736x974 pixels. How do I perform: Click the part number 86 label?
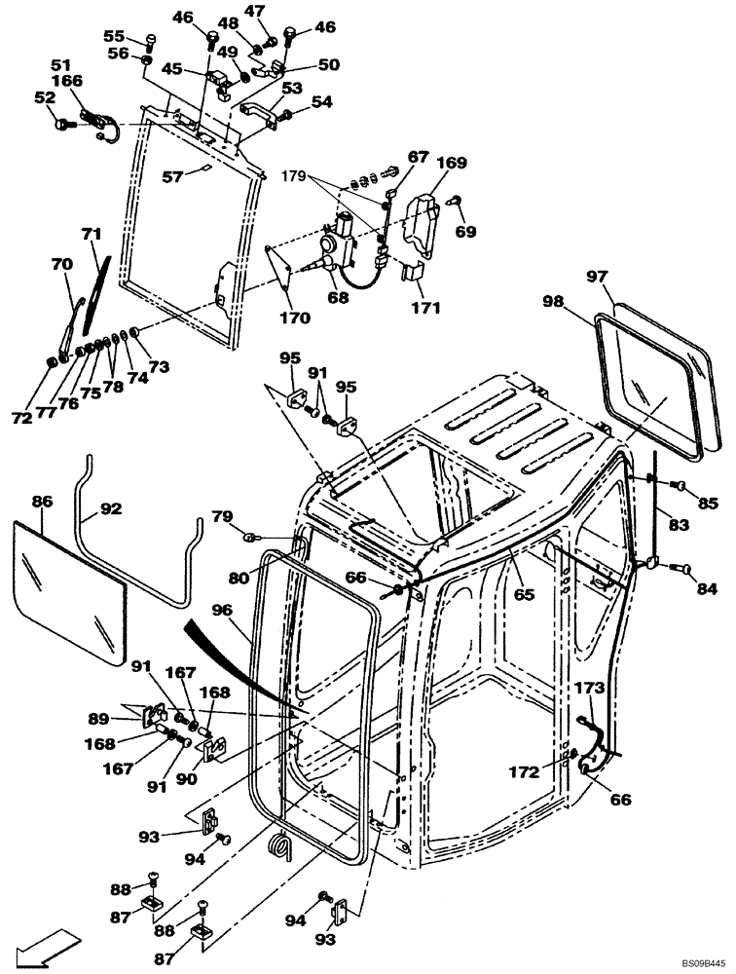[x=41, y=503]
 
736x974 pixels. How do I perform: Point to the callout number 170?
[x=295, y=318]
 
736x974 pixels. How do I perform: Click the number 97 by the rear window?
[x=597, y=278]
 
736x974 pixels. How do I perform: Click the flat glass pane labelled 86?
[x=73, y=594]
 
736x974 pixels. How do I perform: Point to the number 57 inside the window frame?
[x=174, y=176]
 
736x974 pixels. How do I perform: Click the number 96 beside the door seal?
[x=222, y=612]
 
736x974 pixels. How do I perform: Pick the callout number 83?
[x=678, y=524]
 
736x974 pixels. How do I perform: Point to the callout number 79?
[x=223, y=515]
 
